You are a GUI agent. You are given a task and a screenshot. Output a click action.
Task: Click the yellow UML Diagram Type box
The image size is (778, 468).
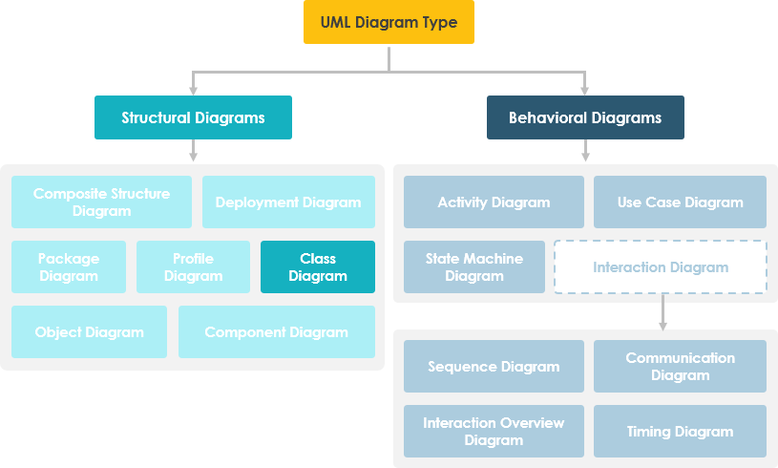click(389, 22)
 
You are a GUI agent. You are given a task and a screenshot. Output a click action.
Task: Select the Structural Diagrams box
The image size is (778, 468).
click(193, 117)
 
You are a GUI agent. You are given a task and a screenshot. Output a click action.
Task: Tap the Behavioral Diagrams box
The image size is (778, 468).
click(585, 117)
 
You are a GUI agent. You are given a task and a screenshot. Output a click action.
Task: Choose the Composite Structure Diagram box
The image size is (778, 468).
click(101, 202)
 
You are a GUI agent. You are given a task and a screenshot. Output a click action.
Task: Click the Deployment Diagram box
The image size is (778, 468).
click(288, 202)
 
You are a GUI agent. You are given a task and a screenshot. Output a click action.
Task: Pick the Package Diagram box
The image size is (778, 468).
click(68, 266)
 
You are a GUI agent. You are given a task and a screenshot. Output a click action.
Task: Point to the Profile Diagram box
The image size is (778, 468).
click(193, 266)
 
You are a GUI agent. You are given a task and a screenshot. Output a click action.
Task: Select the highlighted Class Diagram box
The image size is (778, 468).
click(318, 266)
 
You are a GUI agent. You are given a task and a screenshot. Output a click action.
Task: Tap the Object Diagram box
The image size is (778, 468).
click(89, 331)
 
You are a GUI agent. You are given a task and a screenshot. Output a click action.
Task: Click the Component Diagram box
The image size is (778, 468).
click(276, 331)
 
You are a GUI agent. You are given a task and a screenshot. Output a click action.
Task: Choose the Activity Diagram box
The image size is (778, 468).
click(494, 202)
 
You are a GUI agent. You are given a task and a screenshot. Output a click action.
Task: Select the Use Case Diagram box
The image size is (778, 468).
click(680, 202)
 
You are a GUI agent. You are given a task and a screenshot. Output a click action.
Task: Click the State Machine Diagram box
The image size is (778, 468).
click(474, 266)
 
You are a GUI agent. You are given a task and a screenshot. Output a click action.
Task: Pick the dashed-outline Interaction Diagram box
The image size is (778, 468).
click(661, 266)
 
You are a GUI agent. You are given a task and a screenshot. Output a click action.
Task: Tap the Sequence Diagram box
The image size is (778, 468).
click(494, 366)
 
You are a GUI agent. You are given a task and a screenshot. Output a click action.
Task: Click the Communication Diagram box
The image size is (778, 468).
click(680, 366)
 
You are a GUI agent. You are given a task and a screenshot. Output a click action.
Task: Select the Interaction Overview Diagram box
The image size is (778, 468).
click(494, 431)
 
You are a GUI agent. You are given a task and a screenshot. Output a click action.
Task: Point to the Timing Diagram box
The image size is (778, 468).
click(680, 431)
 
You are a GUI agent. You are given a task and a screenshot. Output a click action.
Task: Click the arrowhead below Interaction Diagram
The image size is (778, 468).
click(662, 325)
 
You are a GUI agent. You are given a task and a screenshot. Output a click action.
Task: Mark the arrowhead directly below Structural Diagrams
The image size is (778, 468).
click(194, 157)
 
